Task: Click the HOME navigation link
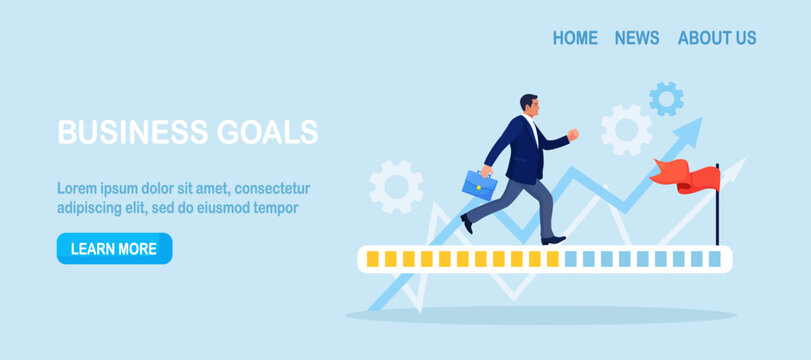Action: [575, 38]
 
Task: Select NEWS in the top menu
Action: [637, 38]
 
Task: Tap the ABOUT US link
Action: [717, 38]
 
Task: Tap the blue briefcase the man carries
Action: [479, 184]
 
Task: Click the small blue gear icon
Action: [666, 99]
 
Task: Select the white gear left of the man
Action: [396, 187]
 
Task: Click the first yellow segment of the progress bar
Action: [372, 259]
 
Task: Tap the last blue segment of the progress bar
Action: [713, 259]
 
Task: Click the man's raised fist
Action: [573, 134]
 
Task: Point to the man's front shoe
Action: [553, 240]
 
